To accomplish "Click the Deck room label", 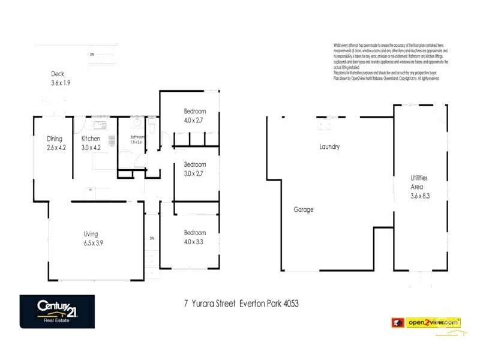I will (58, 74).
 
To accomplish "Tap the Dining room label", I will (55, 139).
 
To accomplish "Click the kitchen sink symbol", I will (100, 125).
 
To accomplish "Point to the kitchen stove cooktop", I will (112, 140).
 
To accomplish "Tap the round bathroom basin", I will (137, 124).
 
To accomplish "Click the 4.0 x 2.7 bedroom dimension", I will (194, 120).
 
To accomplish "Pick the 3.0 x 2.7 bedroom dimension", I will (194, 173).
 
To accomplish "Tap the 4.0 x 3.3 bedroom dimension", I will (194, 242).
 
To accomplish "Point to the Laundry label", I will (329, 147).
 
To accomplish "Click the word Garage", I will (303, 210).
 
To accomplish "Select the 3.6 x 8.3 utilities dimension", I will (419, 196).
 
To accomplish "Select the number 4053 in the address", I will (287, 304).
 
